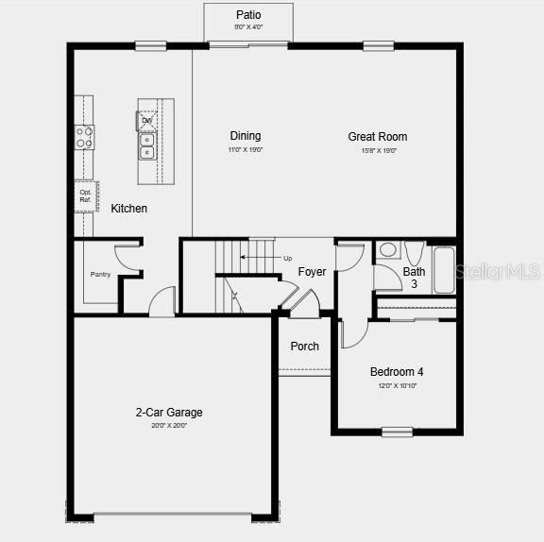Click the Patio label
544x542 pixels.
pos(248,15)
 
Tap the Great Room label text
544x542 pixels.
pos(378,137)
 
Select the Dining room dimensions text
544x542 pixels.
pos(245,150)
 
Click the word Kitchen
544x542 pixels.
pos(129,209)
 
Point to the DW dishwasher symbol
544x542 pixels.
pos(147,120)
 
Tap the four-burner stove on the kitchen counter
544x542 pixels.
pos(85,137)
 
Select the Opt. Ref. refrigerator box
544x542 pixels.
pos(85,195)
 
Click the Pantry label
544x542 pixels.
pos(100,275)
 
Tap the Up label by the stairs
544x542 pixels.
pos(287,258)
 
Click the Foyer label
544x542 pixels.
pos(313,272)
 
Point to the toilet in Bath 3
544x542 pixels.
pos(414,252)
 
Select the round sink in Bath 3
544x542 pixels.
pos(387,251)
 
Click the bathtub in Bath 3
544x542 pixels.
pos(444,267)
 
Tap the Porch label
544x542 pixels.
pos(304,347)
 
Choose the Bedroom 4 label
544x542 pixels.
pos(397,372)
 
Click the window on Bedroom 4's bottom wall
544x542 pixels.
pos(397,432)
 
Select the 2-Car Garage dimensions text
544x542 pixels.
pos(169,426)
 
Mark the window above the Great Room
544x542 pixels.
pos(379,44)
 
